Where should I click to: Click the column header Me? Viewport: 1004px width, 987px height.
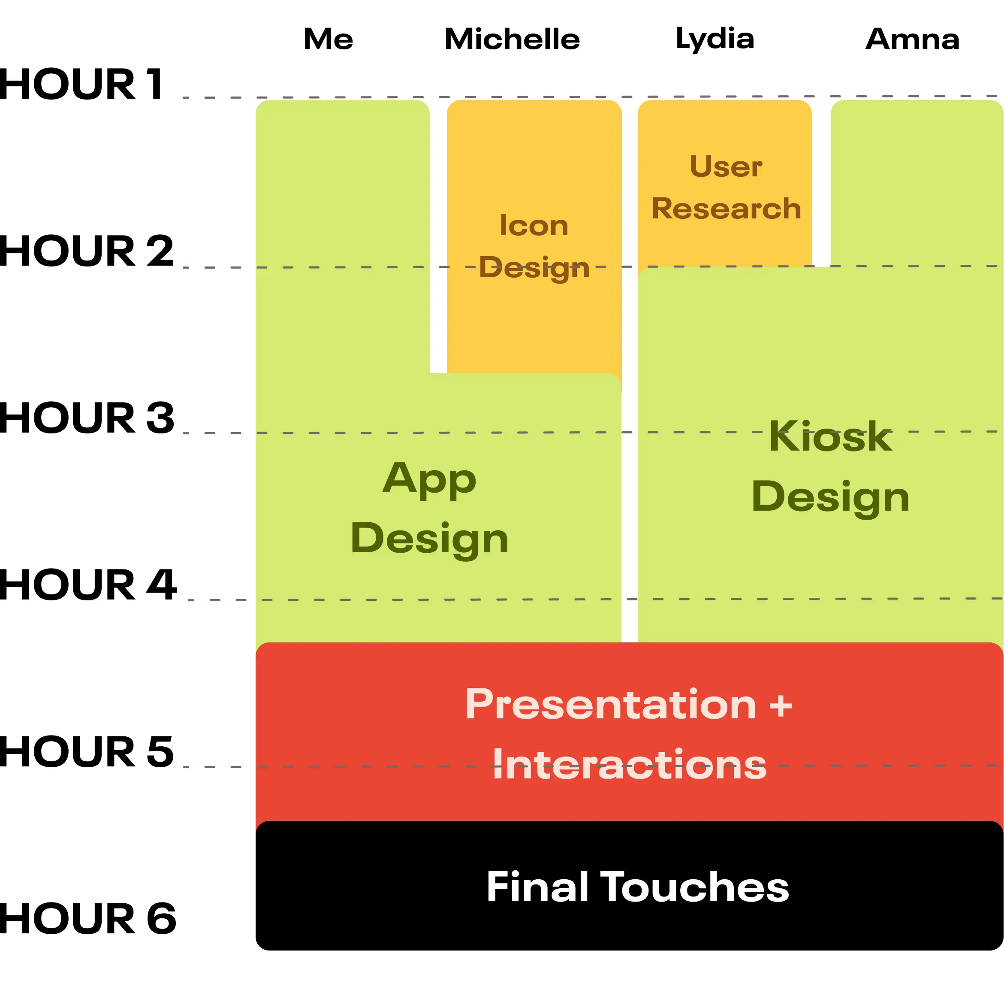(x=328, y=39)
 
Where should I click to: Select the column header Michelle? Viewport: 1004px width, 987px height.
(x=511, y=39)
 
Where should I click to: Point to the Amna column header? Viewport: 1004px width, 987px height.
(x=912, y=39)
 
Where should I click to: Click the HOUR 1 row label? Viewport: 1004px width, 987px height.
(x=81, y=84)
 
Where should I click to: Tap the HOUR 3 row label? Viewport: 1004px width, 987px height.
(x=87, y=418)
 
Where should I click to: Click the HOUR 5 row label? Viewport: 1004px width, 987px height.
(x=87, y=752)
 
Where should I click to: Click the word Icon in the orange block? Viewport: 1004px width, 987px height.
(x=533, y=225)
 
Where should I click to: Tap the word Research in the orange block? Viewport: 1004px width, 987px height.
(x=726, y=209)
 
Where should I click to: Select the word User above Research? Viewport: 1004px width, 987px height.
(x=725, y=167)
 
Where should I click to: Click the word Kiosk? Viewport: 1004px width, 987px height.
(x=830, y=436)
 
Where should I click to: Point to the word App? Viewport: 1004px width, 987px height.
(x=429, y=479)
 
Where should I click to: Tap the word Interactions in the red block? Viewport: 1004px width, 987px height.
(x=628, y=765)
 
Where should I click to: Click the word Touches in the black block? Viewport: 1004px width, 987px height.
(x=694, y=887)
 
